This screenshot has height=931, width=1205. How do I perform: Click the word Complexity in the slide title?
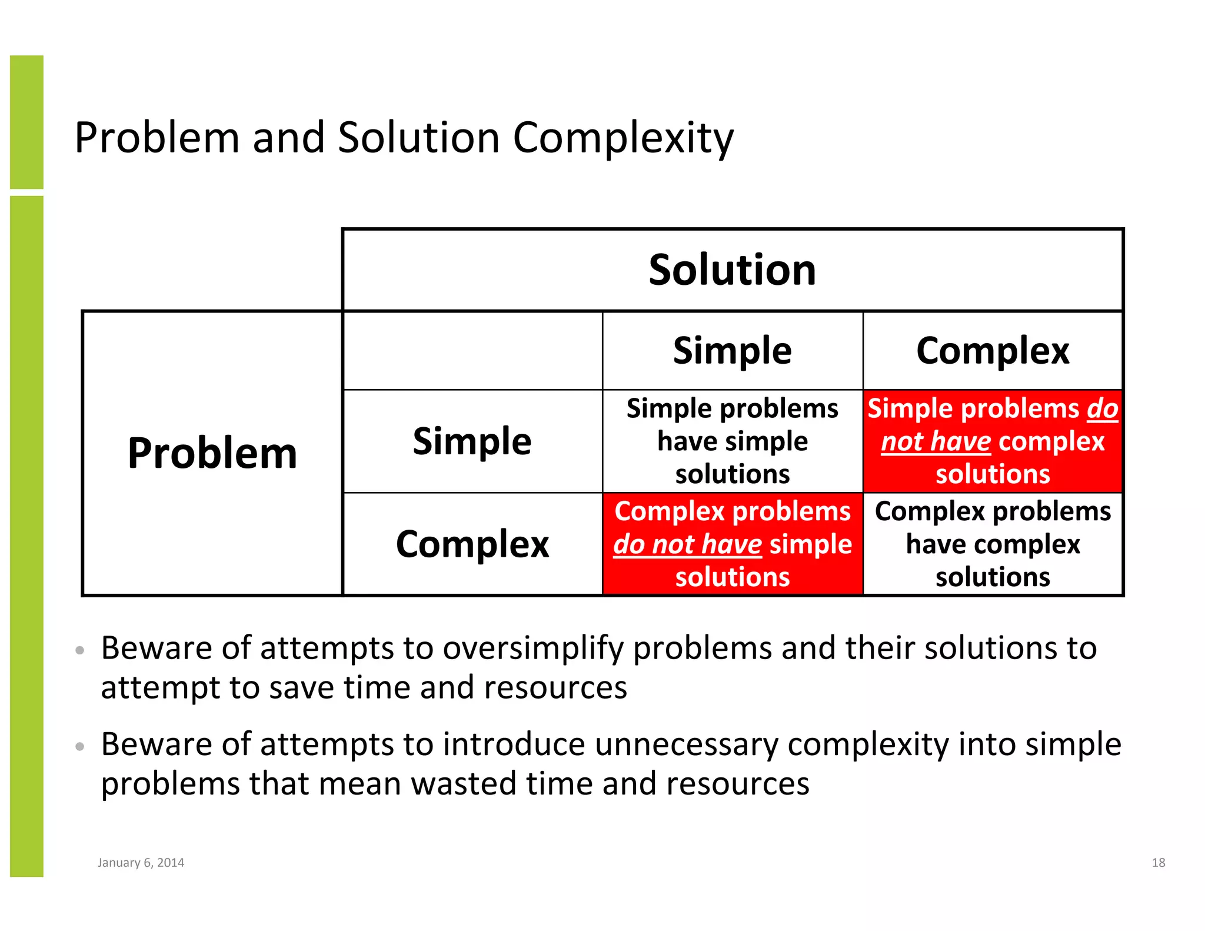(623, 138)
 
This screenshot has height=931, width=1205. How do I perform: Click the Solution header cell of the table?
(732, 270)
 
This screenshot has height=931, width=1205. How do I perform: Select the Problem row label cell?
(212, 453)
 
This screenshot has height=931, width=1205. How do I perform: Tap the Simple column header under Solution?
(732, 351)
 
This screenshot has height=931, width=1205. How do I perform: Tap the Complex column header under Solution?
(993, 351)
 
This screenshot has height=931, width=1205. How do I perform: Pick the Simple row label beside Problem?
(472, 441)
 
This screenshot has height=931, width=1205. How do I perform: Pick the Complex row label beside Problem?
(472, 544)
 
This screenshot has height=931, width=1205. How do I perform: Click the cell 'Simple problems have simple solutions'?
(732, 441)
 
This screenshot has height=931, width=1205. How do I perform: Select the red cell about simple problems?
(993, 441)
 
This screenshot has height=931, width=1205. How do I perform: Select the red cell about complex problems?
(732, 544)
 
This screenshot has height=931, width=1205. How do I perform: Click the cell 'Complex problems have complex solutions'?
(993, 544)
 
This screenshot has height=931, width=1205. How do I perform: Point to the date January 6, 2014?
(141, 863)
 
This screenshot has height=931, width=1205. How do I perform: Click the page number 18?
(1158, 863)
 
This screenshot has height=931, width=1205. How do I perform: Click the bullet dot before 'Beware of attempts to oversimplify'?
(80, 650)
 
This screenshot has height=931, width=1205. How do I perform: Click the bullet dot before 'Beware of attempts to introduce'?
(80, 747)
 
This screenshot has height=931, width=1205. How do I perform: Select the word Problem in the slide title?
(157, 138)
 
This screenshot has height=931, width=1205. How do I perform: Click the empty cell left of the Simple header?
(472, 351)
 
